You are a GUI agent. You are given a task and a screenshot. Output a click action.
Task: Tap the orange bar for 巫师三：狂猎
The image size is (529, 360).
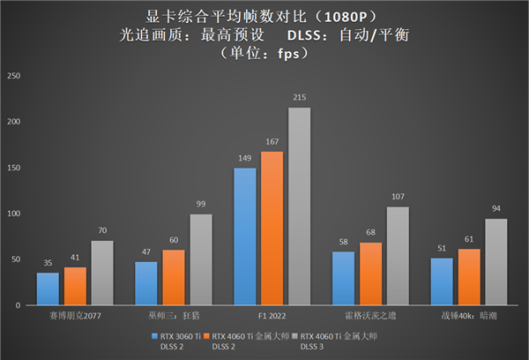click(x=174, y=277)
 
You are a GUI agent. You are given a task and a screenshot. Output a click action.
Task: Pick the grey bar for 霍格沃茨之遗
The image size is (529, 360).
click(x=399, y=256)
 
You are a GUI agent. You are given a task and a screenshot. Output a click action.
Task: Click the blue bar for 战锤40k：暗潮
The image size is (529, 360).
click(x=442, y=281)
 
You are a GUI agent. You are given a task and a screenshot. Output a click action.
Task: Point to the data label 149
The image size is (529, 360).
click(x=244, y=160)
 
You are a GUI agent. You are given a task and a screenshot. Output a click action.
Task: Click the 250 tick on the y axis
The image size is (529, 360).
click(x=13, y=76)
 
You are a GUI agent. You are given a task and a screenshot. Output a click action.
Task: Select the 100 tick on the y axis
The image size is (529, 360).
click(x=13, y=214)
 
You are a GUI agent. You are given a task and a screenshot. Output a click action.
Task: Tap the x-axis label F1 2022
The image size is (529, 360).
click(x=272, y=313)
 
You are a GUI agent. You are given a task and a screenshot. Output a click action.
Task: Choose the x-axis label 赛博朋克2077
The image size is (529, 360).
click(x=75, y=313)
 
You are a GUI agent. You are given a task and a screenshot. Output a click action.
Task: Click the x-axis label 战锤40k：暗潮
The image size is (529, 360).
click(x=469, y=313)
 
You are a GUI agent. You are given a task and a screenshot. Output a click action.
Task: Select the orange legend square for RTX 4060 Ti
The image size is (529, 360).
click(x=225, y=336)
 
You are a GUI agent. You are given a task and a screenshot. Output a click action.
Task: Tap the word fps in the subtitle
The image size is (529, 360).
click(x=292, y=55)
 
